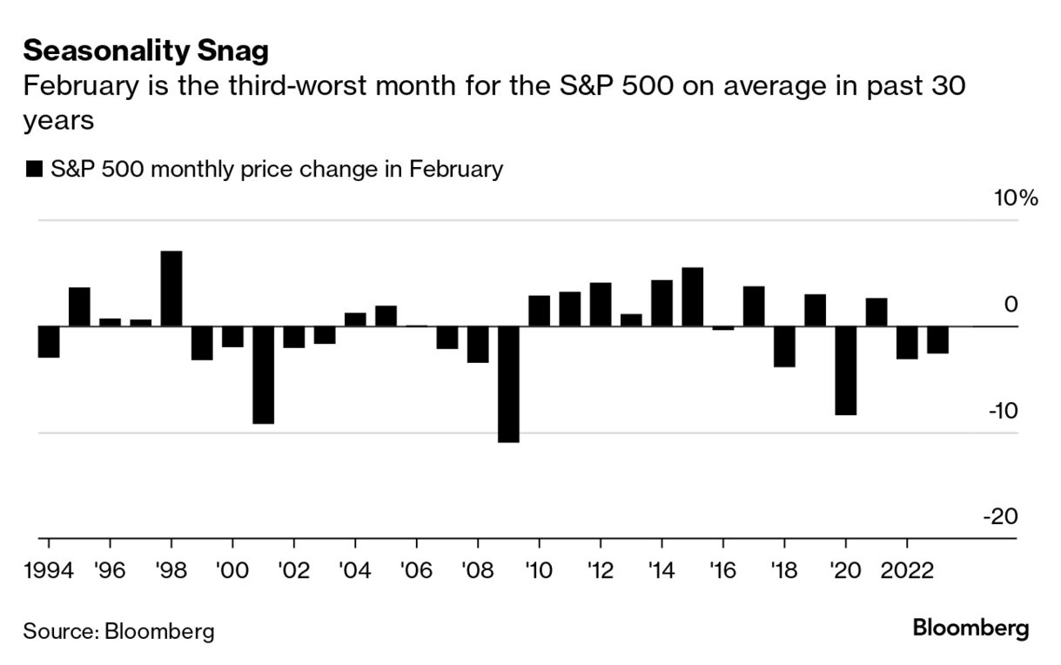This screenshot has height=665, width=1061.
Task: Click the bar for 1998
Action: [x=171, y=289]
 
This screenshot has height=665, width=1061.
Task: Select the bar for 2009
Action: [x=508, y=384]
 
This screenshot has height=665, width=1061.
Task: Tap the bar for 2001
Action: [x=264, y=374]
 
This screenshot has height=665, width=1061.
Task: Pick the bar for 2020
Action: [x=845, y=370]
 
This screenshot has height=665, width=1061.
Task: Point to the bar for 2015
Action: [x=692, y=297]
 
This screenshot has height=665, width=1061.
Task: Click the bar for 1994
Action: [x=49, y=342]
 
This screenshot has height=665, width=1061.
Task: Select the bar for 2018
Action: [x=784, y=346]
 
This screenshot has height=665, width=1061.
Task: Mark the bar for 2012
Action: [x=601, y=305]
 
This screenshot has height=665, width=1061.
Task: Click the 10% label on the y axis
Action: [x=1016, y=198]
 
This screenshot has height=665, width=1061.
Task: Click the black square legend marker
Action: [x=35, y=169]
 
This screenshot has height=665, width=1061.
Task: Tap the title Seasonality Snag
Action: [x=145, y=51]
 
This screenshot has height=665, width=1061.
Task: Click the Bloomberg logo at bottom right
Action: [x=970, y=628]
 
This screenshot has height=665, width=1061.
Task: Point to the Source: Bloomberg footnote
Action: [x=118, y=631]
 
